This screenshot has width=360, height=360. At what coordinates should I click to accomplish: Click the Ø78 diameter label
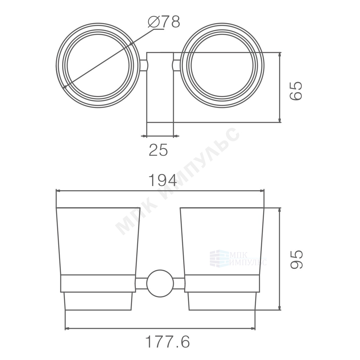tap(164, 22)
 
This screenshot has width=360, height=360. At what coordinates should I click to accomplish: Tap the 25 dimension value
tap(159, 150)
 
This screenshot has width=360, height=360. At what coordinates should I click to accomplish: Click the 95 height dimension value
tap(296, 259)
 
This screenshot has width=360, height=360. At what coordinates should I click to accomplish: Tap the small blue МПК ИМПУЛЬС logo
tap(238, 258)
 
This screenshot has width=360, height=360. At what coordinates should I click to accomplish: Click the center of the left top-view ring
tap(98, 66)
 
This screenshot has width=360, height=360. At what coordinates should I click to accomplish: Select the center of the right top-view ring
tap(222, 66)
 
